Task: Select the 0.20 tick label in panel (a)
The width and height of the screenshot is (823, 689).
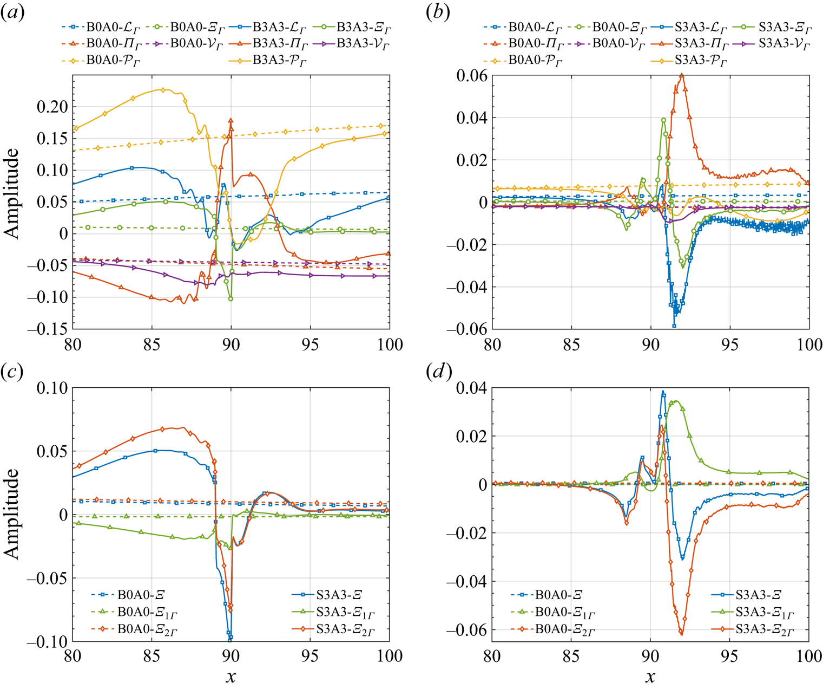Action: pyautogui.click(x=52, y=107)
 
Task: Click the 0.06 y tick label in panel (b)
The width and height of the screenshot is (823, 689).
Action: pyautogui.click(x=472, y=76)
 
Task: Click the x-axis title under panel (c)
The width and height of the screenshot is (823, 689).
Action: pyautogui.click(x=231, y=677)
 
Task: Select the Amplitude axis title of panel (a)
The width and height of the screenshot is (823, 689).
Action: pyautogui.click(x=12, y=193)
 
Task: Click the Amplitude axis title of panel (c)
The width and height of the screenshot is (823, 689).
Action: pyautogui.click(x=12, y=513)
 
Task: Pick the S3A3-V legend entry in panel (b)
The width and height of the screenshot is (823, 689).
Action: pyautogui.click(x=774, y=44)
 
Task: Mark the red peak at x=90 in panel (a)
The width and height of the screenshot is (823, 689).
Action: pyautogui.click(x=231, y=121)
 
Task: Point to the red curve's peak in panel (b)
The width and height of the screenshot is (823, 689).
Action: pyautogui.click(x=682, y=75)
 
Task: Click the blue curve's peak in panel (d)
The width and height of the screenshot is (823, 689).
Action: pyautogui.click(x=663, y=392)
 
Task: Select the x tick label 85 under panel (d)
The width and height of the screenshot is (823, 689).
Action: pyautogui.click(x=571, y=656)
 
